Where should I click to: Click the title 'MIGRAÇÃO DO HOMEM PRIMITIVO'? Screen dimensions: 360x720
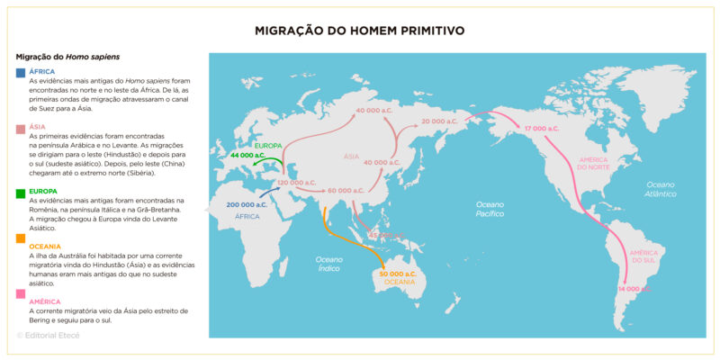click(x=360, y=31)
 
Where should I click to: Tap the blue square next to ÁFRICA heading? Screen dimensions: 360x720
click(x=21, y=72)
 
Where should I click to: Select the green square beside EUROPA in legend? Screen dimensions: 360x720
click(x=21, y=193)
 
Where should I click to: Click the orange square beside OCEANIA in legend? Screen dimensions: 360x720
click(x=21, y=238)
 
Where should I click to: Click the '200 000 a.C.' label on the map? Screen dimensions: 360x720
click(x=247, y=205)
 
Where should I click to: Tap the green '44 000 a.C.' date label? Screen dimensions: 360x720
click(x=247, y=156)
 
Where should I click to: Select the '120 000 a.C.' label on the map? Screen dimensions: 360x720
click(x=295, y=183)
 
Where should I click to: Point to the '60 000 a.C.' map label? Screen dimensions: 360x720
click(x=346, y=191)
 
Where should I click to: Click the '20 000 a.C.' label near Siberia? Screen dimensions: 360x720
click(x=440, y=121)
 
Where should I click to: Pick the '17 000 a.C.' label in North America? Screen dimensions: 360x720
click(x=543, y=129)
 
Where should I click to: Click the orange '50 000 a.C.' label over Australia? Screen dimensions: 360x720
click(x=398, y=274)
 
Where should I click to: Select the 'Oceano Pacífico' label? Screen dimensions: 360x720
click(x=491, y=210)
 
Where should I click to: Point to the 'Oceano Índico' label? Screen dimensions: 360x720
click(x=328, y=263)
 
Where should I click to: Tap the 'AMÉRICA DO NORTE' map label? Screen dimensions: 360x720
click(x=594, y=162)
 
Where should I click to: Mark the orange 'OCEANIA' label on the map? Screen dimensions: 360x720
click(x=400, y=283)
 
